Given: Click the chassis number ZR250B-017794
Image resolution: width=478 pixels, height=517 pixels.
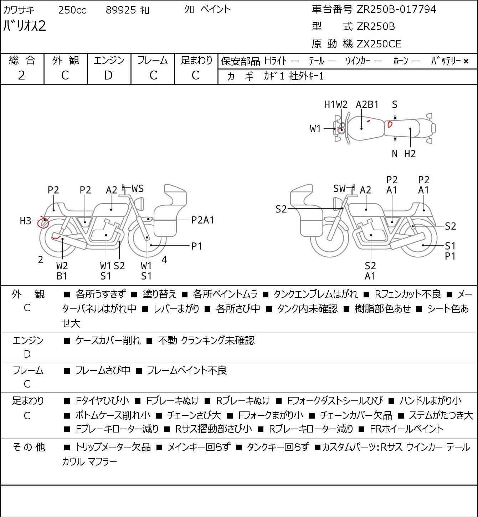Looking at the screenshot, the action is click(396, 9).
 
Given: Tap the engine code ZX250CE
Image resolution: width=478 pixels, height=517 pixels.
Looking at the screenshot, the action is click(379, 44).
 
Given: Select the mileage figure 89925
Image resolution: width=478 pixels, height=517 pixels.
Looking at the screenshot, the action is click(121, 10).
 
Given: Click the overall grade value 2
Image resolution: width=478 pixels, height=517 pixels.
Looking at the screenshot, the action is click(22, 76).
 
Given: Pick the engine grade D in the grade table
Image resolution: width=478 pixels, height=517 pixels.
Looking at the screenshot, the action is click(109, 76).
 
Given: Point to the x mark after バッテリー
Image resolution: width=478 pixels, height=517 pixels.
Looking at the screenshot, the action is click(466, 61).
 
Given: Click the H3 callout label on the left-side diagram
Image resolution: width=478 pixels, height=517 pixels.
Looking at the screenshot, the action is click(26, 221).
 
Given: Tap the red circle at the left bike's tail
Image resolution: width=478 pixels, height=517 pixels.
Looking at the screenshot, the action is click(43, 223).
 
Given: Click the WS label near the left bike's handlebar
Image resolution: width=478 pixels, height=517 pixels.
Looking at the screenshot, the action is click(138, 189).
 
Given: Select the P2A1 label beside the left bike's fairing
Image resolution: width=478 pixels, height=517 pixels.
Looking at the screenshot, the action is click(202, 220).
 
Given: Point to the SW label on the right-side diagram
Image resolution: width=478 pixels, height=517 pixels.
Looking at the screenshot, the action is click(339, 189).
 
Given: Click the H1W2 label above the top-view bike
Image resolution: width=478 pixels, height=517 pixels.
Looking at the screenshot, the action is click(335, 104).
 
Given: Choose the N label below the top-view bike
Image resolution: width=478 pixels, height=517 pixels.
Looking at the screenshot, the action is click(395, 154).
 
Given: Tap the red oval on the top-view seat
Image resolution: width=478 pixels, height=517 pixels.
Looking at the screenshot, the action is click(390, 124).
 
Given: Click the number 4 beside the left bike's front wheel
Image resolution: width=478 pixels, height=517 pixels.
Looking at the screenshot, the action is click(164, 260).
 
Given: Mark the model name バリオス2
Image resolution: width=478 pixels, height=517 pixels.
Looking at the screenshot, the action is click(25, 26).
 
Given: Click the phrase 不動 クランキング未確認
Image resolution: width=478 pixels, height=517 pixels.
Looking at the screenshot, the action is click(206, 341).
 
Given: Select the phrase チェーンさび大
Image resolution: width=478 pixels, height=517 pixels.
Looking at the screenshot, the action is click(194, 415).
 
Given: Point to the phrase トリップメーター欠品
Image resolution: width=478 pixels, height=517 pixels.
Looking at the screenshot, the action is click(113, 447).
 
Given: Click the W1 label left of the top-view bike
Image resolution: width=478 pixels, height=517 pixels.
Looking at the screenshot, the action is click(315, 129).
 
